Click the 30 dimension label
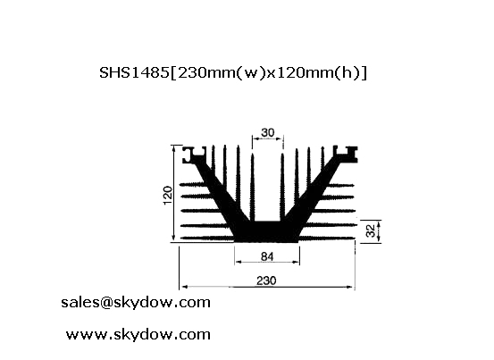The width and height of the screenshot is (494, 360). [267, 132]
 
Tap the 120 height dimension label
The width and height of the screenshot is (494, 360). [168, 196]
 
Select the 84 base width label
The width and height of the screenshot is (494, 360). [267, 256]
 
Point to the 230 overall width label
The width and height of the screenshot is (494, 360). [266, 280]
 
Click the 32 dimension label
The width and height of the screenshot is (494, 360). [371, 230]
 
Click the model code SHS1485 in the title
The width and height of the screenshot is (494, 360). [135, 72]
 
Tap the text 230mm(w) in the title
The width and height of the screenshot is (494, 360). [220, 73]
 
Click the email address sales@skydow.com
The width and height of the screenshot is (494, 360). [136, 302]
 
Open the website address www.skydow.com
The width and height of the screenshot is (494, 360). [138, 334]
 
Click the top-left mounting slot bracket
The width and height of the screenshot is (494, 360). [194, 155]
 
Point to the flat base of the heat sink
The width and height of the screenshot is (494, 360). [267, 231]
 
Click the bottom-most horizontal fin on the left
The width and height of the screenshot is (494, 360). [207, 239]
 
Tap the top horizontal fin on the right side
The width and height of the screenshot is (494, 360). [340, 185]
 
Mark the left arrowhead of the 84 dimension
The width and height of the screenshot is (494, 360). [239, 262]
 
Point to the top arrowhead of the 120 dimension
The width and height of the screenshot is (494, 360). [174, 148]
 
